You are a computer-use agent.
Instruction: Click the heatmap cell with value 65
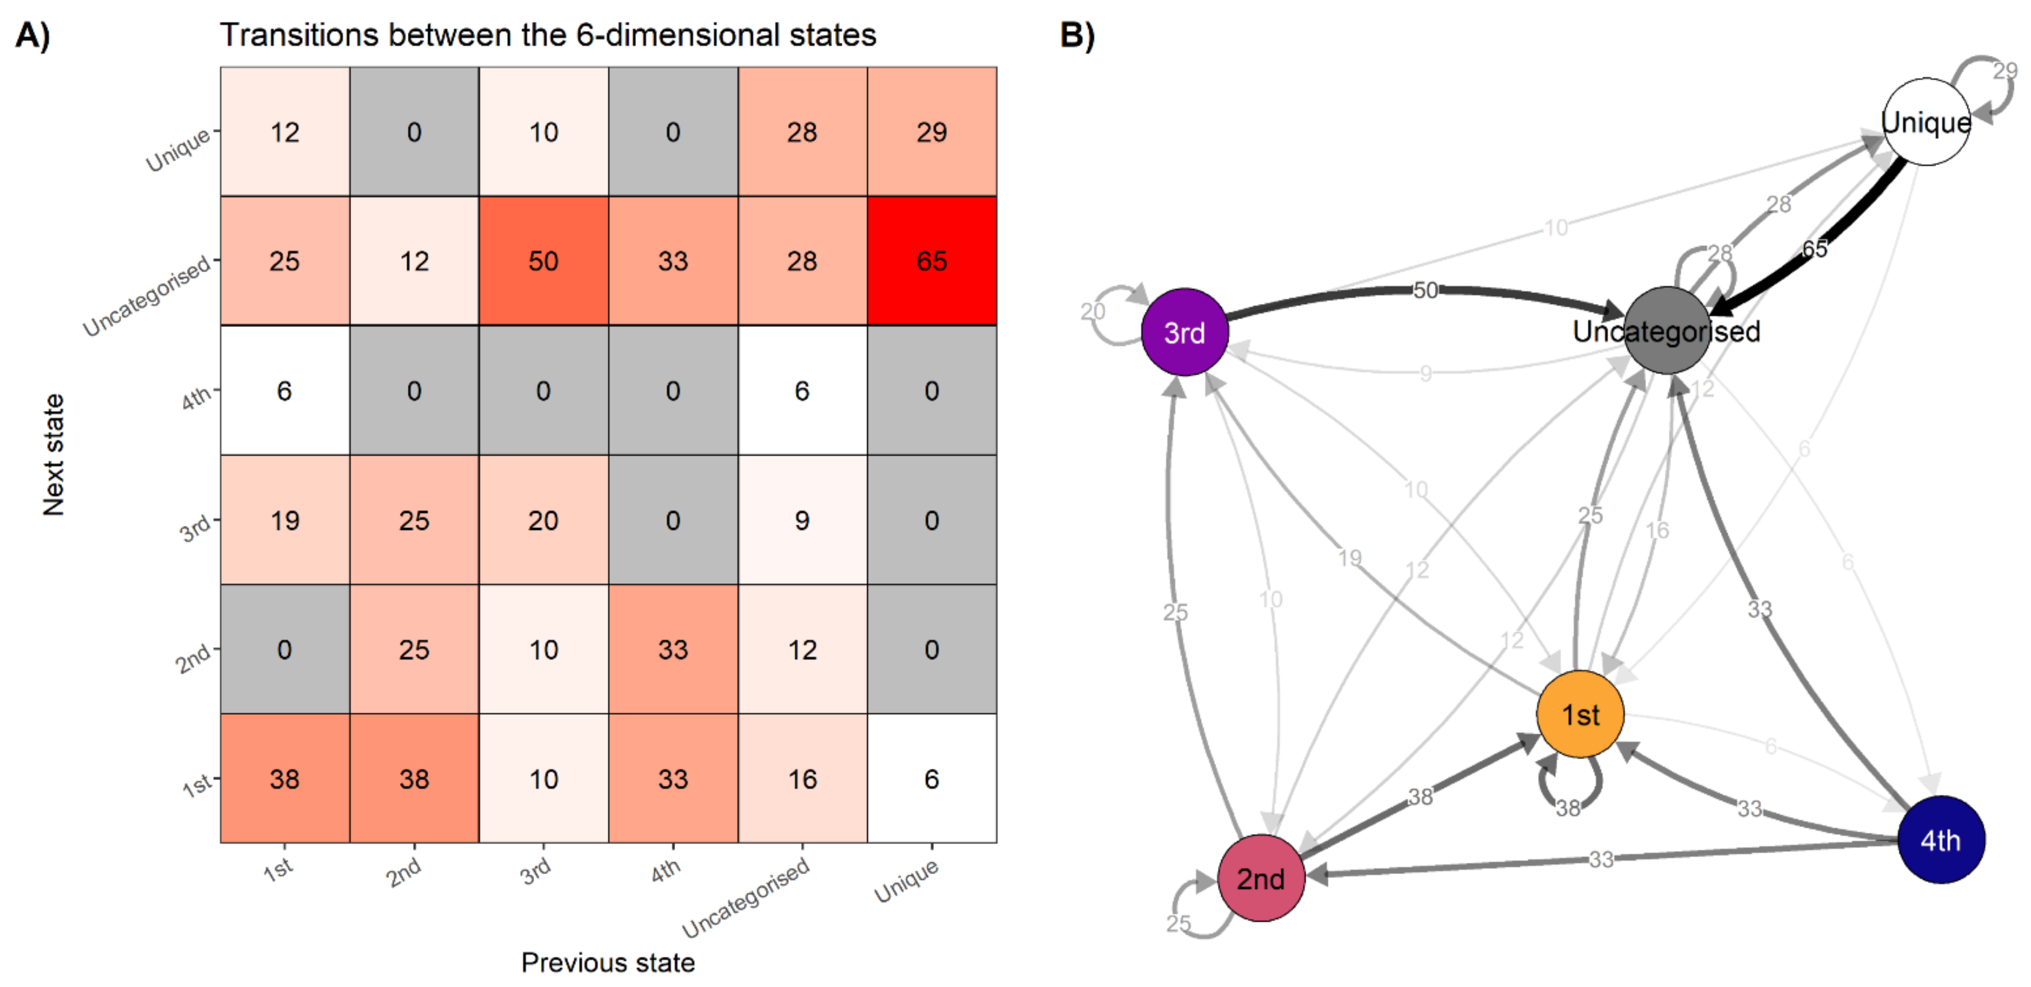pyautogui.click(x=931, y=261)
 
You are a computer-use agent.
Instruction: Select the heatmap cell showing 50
pyautogui.click(x=543, y=261)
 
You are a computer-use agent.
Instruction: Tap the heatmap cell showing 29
pyautogui.click(x=931, y=132)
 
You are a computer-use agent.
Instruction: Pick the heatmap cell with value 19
pyautogui.click(x=285, y=520)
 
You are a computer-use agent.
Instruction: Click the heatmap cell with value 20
pyautogui.click(x=543, y=520)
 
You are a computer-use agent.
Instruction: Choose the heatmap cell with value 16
pyautogui.click(x=802, y=779)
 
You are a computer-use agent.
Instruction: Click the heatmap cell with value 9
pyautogui.click(x=802, y=520)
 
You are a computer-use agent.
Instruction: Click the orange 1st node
pyautogui.click(x=1580, y=714)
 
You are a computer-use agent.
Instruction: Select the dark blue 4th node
pyautogui.click(x=1941, y=839)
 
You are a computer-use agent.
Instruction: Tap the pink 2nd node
pyautogui.click(x=1261, y=878)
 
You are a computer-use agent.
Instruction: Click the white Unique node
pyautogui.click(x=1926, y=122)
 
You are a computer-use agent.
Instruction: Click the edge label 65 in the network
pyautogui.click(x=1814, y=249)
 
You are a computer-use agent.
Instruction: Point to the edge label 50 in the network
pyautogui.click(x=1425, y=290)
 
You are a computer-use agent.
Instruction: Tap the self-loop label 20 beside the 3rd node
pyautogui.click(x=1093, y=312)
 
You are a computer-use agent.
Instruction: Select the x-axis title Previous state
pyautogui.click(x=608, y=962)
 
